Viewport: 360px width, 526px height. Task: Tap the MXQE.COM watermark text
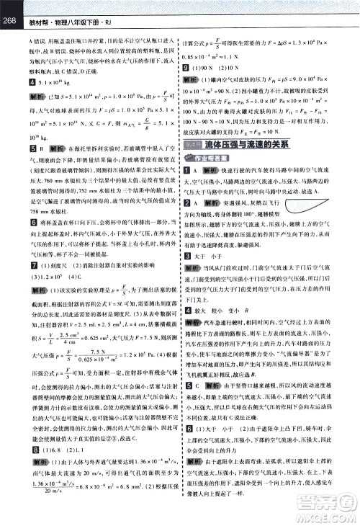(x=328, y=517)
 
